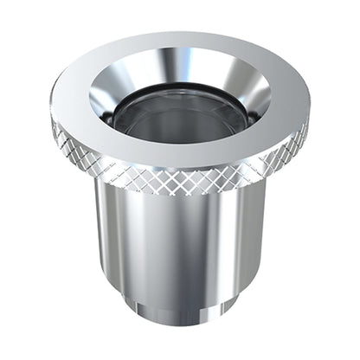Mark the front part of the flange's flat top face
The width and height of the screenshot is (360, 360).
pos(182,156)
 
